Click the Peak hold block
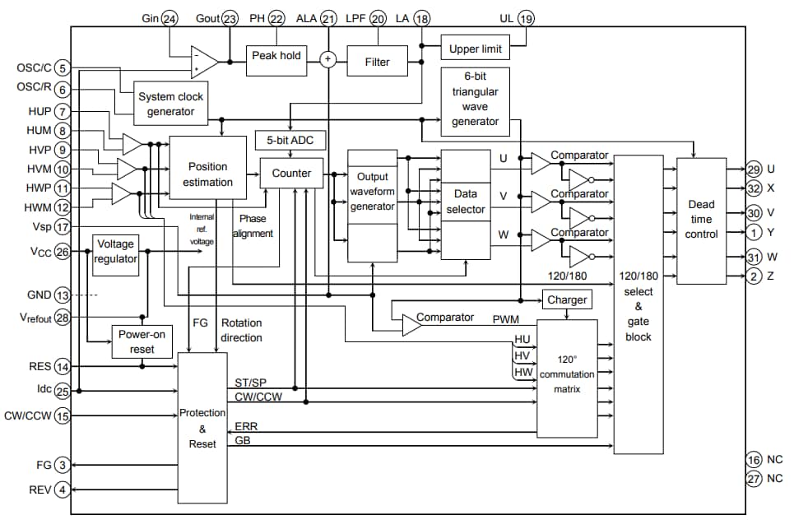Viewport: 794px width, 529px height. [276, 56]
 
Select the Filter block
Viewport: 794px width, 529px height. [378, 62]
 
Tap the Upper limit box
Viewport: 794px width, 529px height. [476, 49]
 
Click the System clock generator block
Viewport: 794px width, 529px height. [170, 104]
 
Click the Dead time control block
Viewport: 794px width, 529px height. [701, 219]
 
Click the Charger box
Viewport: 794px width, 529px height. [566, 299]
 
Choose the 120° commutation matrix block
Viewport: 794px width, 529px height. [566, 375]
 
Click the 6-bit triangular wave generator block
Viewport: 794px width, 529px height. [475, 100]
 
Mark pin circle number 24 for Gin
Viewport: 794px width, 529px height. [170, 18]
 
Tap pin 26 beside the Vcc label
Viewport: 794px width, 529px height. [63, 252]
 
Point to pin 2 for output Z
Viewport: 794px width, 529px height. [755, 276]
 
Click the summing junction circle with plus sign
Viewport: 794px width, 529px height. [328, 59]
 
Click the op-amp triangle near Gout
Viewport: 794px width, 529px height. [202, 60]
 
